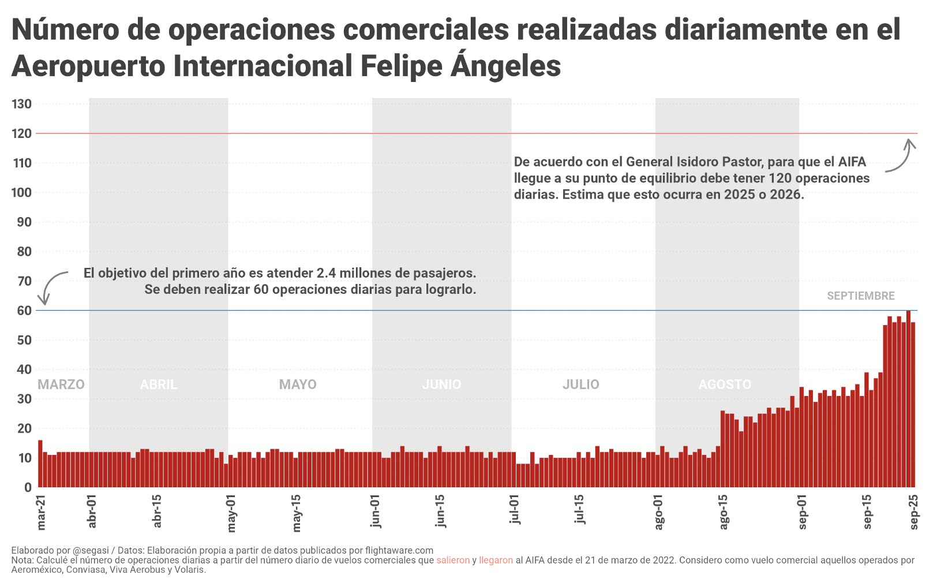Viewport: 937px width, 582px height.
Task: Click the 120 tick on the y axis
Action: [x=21, y=134]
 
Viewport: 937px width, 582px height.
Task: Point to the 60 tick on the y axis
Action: [x=24, y=311]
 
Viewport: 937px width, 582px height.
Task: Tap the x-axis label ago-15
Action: [x=724, y=512]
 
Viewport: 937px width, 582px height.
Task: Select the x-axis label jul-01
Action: [x=515, y=509]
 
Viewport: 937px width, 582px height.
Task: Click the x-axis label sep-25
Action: [x=914, y=512]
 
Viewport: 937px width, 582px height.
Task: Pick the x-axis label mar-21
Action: [x=41, y=512]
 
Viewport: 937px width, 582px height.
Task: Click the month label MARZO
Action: [x=61, y=385]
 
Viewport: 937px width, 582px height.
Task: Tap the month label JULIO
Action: [x=580, y=385]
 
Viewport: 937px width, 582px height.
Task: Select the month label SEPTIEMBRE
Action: [x=860, y=296]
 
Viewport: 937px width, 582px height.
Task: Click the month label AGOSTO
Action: [x=725, y=385]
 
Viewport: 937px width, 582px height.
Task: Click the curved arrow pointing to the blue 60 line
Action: [x=51, y=286]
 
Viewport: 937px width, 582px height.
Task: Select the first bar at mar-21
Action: [x=40, y=464]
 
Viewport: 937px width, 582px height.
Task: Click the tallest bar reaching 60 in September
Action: [x=908, y=398]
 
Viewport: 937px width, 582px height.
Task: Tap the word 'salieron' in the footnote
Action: [x=453, y=560]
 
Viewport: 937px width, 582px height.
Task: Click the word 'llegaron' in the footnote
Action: [x=496, y=560]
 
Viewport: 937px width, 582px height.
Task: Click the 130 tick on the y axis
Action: [x=21, y=105]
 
